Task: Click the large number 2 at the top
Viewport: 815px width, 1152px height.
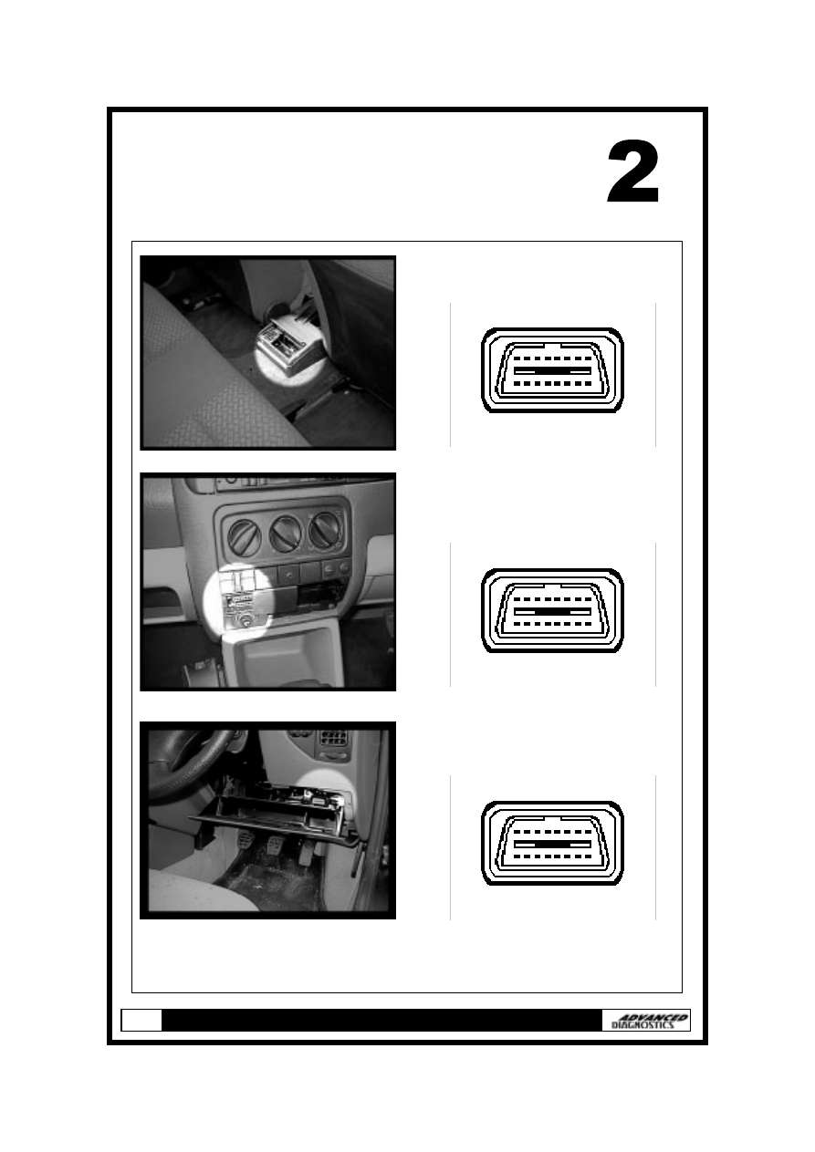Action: click(633, 172)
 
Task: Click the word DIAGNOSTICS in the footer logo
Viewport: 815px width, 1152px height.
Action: click(643, 1025)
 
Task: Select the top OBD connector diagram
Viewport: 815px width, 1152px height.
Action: click(552, 370)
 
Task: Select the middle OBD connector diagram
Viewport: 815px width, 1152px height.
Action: click(552, 611)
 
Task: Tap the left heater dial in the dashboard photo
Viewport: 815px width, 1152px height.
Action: click(244, 535)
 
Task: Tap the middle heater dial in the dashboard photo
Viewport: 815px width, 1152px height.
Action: click(286, 534)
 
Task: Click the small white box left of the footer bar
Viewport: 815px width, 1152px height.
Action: click(141, 1020)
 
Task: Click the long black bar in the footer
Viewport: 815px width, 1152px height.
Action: click(381, 1020)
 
